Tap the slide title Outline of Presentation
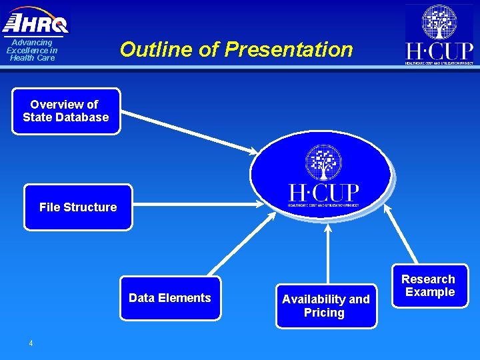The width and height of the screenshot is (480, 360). [236, 49]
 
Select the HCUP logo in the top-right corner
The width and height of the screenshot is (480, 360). [439, 35]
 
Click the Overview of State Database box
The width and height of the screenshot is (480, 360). [66, 111]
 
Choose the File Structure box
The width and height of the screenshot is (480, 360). [78, 207]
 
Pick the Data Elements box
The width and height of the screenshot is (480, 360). [170, 298]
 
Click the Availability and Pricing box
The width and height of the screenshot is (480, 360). [326, 306]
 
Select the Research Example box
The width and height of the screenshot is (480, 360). [429, 286]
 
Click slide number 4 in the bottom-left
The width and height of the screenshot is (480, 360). [31, 343]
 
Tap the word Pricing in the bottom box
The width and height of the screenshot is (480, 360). [324, 313]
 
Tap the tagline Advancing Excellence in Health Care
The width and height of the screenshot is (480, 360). [32, 50]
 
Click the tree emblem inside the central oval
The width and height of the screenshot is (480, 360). [323, 162]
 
